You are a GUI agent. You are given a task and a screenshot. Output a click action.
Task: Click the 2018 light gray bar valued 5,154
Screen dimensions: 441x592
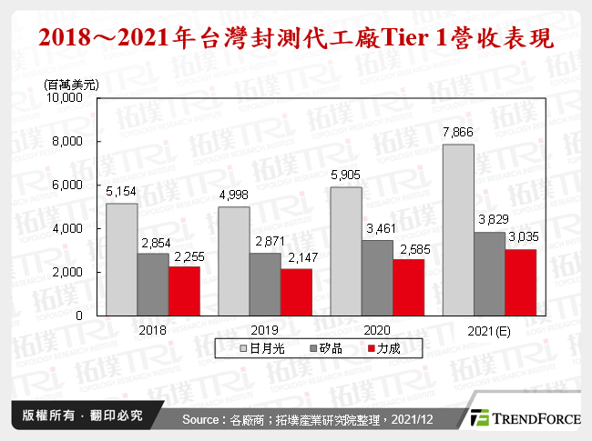tap(122, 259)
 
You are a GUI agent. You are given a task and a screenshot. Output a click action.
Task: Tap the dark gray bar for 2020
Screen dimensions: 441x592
tap(377, 277)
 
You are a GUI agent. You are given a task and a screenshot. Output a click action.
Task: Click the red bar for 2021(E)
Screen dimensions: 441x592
tap(520, 282)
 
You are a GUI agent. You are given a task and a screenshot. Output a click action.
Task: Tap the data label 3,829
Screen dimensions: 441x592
tap(489, 222)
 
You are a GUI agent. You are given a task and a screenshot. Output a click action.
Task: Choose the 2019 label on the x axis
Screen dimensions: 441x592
tap(265, 329)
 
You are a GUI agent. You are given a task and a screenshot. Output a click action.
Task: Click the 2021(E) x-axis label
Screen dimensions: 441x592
tap(489, 329)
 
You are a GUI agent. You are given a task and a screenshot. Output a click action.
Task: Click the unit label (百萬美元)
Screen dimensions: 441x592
tap(73, 84)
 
